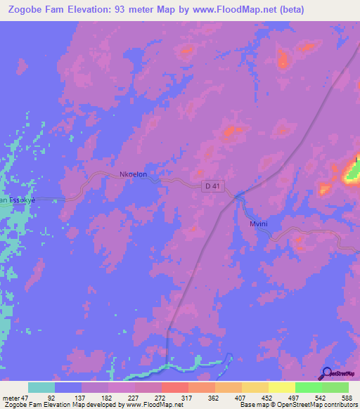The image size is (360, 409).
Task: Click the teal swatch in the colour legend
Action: (x=41, y=387)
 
